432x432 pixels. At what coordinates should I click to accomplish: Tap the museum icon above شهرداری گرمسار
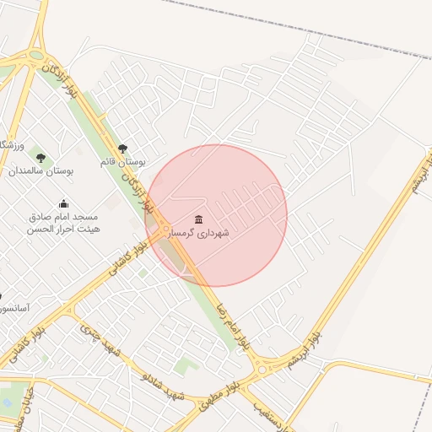[199, 219]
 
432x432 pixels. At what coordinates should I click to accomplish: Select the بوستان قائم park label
[123, 160]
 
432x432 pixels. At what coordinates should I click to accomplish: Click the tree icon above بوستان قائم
[123, 148]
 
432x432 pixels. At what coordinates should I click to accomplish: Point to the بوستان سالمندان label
[41, 170]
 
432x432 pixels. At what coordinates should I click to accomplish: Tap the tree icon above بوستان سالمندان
[40, 158]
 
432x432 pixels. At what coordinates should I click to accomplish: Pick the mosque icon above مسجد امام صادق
[63, 203]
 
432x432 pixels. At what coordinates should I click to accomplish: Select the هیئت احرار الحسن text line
[63, 229]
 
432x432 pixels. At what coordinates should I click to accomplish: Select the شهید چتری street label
[100, 341]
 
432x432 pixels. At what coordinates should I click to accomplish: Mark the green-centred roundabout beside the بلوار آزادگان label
[35, 57]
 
